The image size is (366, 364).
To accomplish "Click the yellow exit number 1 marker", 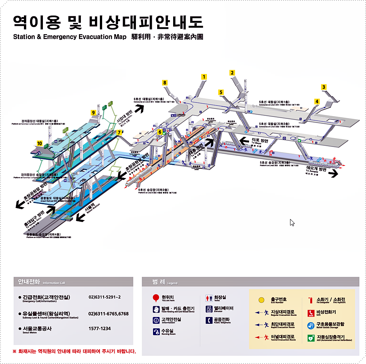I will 204,77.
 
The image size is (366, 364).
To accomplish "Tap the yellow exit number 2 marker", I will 232,73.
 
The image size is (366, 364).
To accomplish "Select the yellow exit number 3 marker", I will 323,87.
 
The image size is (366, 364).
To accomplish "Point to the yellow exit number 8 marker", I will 164,82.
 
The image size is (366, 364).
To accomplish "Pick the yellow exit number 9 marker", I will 93,113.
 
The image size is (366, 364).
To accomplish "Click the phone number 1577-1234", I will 99,329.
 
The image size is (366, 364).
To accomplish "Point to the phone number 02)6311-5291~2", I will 104,297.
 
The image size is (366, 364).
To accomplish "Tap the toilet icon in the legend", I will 209,298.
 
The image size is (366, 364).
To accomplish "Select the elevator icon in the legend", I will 209,309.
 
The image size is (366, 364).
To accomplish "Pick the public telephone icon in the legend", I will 209,320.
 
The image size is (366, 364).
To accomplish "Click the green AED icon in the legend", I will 311,337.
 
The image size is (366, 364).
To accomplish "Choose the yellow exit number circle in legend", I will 261,300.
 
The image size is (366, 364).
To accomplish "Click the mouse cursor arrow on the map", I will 292,222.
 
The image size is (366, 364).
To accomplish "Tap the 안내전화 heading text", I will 29,282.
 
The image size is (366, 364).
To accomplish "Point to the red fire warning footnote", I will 74,351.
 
